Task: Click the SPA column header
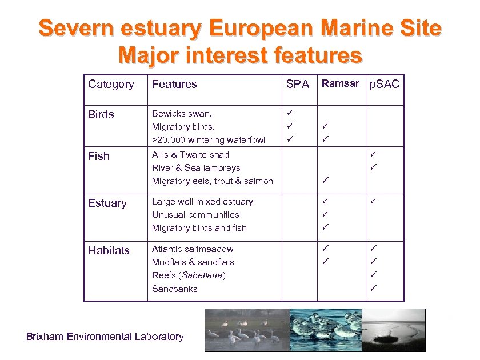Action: pos(297,85)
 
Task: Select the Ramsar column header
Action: pos(340,83)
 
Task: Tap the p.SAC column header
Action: pos(385,85)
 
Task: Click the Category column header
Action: pos(111,85)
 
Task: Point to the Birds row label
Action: pos(101,115)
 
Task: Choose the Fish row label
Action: pos(99,156)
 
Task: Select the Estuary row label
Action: pos(107,203)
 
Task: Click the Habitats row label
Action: pos(109,250)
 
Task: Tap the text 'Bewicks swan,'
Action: pos(182,114)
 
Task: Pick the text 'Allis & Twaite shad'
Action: pos(190,155)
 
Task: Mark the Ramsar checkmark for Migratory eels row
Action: pos(325,180)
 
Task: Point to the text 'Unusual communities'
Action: pos(195,215)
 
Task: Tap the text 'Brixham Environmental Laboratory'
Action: pos(105,337)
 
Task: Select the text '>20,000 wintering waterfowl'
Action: pos(209,140)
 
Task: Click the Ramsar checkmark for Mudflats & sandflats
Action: pos(325,261)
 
